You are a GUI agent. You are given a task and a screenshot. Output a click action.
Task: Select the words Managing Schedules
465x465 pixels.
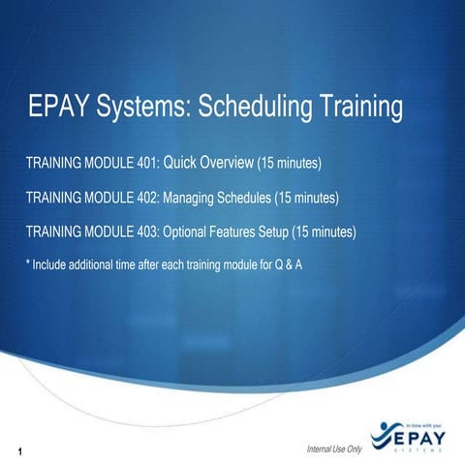(x=217, y=198)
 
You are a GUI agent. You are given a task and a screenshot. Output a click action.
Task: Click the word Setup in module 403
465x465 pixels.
(x=271, y=232)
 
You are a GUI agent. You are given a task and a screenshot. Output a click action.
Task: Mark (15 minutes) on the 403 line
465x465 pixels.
(x=325, y=232)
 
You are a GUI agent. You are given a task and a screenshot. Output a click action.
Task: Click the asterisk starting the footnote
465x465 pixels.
(x=27, y=263)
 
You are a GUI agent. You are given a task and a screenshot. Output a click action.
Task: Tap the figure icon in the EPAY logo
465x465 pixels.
(x=381, y=431)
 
